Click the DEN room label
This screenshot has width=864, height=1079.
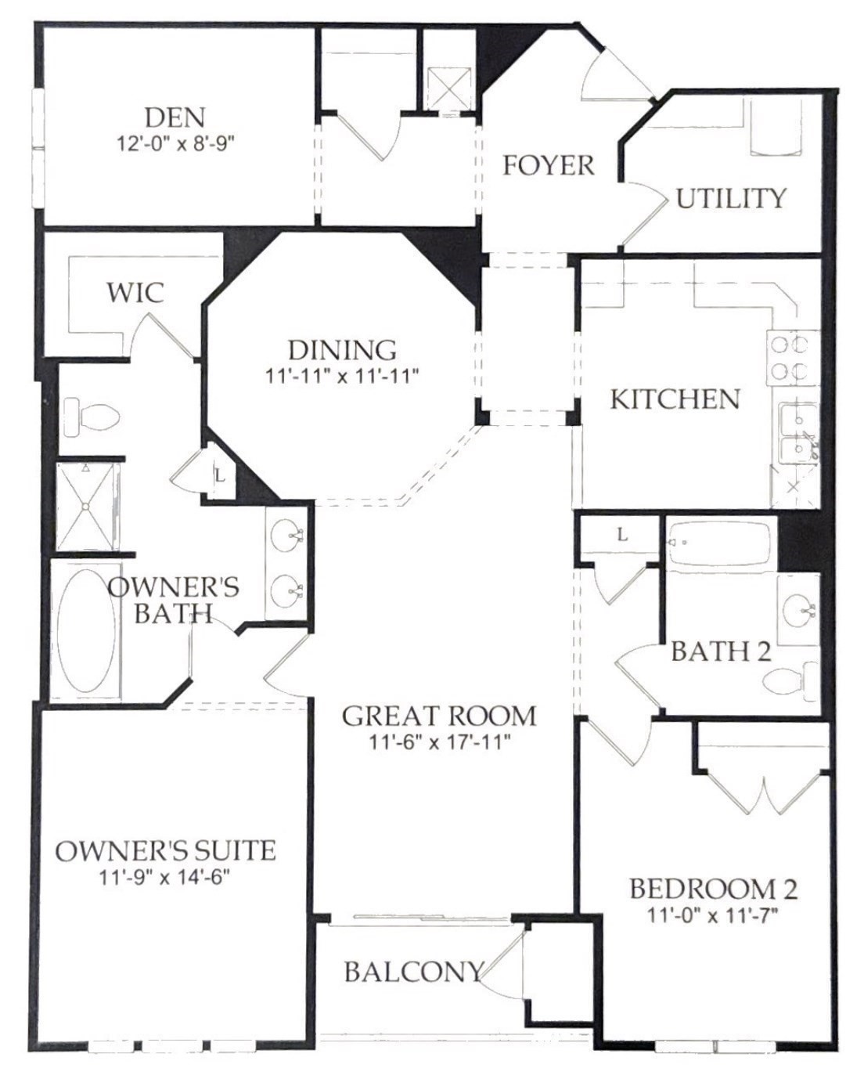click(x=175, y=117)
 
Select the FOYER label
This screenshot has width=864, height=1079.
click(x=548, y=165)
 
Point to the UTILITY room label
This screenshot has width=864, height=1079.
click(x=730, y=198)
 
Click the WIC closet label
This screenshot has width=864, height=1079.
click(x=135, y=293)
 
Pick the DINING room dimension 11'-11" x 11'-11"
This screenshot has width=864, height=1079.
click(x=342, y=376)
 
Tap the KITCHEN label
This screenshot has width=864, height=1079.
click(x=675, y=399)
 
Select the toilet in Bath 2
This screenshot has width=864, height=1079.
click(x=791, y=680)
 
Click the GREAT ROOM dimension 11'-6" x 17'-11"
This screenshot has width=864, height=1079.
click(x=440, y=741)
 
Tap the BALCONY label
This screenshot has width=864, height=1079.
click(x=413, y=972)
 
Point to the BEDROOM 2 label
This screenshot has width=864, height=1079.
click(x=713, y=889)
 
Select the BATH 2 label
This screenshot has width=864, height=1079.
click(x=721, y=651)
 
